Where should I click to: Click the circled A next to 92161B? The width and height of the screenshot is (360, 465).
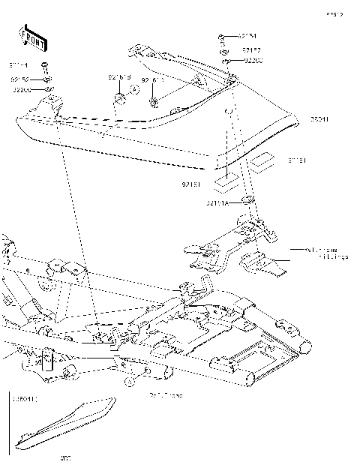click(135, 88)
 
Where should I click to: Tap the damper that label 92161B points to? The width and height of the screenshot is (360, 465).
click(119, 97)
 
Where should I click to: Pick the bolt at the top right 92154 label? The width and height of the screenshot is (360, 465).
click(222, 36)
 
